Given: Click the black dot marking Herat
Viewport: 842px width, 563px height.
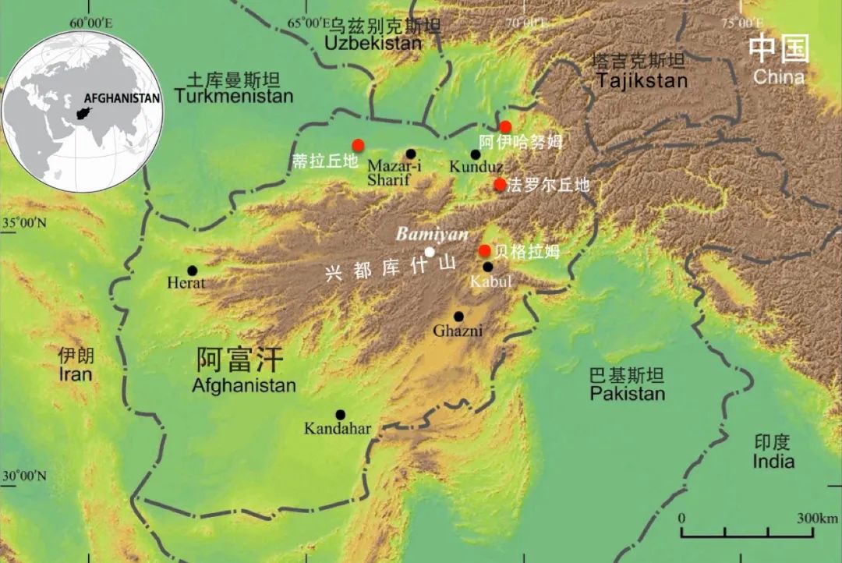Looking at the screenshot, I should pos(193,271).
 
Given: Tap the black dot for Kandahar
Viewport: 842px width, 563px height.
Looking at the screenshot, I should pos(340,415).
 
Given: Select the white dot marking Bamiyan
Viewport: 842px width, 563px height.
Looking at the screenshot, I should pos(430,251).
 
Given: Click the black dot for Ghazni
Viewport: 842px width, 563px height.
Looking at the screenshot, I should pos(458,317).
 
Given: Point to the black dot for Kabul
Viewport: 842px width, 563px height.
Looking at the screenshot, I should pos(487,267).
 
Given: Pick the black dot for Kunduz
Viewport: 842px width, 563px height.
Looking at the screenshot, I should pos(476,154).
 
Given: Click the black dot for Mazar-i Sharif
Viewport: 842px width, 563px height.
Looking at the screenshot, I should pos(411,154).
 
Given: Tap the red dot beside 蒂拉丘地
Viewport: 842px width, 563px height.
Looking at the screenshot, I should pos(358,144).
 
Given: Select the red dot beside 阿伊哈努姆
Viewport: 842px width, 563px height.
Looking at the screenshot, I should pos(505,126).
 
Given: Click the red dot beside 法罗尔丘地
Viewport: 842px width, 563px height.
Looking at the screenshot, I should pos(500,184).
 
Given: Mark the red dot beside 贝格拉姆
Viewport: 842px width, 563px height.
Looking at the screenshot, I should pos(484,250).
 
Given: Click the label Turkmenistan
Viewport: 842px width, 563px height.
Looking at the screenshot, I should pos(234,97).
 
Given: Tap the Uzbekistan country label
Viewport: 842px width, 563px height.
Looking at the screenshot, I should pos(373,44).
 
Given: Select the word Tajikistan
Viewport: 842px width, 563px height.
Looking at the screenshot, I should pos(642,80).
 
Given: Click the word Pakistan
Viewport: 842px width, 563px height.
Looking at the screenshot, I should pos(627,393).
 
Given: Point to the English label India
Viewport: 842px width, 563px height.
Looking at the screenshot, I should pos(773,462).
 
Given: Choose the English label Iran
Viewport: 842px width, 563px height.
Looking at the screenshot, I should pos(75,374).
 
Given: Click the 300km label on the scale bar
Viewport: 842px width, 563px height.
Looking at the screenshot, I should pos(817,519).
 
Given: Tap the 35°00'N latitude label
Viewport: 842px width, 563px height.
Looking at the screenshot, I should pos(24,224).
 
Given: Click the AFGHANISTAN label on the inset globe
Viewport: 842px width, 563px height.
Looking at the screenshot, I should pos(122,98).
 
